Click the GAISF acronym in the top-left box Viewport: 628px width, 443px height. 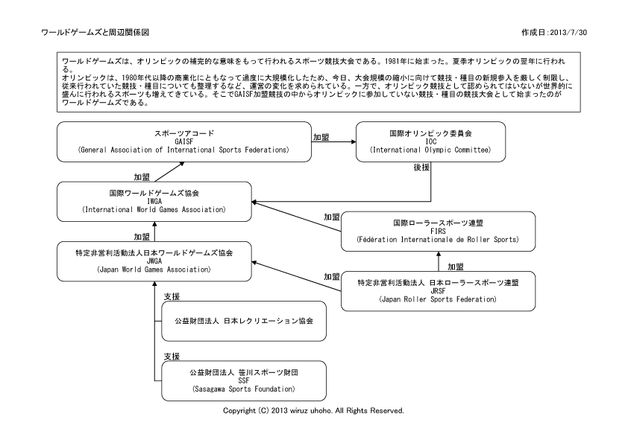[184, 141]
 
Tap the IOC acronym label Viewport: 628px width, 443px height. [431, 141]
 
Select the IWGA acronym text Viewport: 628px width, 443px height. [154, 202]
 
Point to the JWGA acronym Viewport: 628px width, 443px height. [154, 261]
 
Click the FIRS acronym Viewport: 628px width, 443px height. [438, 231]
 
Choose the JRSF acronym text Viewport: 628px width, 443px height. [438, 291]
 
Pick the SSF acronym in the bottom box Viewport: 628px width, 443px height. [243, 380]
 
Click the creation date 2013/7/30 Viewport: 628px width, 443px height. [568, 32]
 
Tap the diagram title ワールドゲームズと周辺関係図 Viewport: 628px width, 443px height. [95, 32]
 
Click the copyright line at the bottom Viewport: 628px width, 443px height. [313, 411]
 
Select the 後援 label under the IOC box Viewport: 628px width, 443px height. [421, 168]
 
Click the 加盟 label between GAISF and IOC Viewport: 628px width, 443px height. [321, 137]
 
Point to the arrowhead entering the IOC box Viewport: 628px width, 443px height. [354, 141]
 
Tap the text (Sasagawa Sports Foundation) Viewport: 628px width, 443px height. [243, 389]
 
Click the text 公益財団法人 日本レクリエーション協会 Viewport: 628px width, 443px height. [244, 321]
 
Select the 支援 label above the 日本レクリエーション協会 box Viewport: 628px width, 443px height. [172, 296]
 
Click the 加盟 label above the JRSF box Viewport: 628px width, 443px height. [456, 267]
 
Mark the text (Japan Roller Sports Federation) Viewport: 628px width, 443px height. [438, 299]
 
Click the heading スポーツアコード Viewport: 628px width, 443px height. [184, 133]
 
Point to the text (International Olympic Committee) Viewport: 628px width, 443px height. [430, 150]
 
